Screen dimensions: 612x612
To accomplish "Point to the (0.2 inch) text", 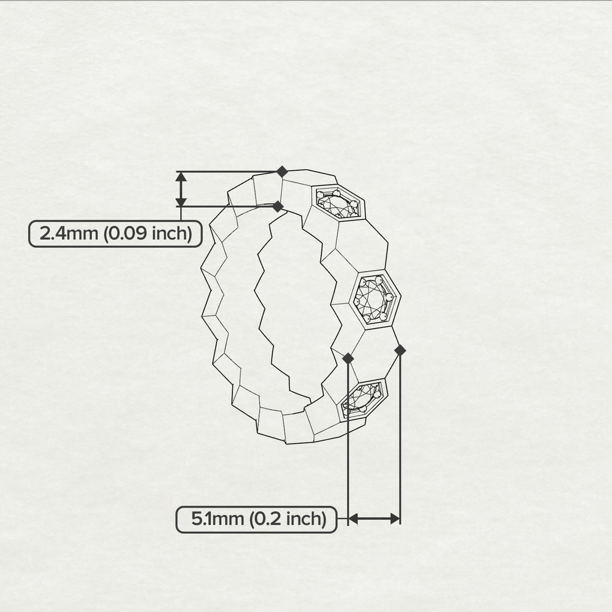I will point(288,519).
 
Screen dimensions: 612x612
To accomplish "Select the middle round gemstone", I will point(374,298).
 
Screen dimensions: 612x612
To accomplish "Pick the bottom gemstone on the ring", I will point(362,399).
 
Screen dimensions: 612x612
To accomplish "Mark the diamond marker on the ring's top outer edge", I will point(282,171).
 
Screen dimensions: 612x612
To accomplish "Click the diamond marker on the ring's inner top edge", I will point(277,207).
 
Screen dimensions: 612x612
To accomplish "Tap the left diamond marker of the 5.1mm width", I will point(348,358).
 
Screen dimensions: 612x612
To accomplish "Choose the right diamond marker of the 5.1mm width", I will point(400,350).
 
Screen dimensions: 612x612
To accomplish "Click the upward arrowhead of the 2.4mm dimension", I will point(181,177).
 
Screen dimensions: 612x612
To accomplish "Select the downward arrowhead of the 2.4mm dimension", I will point(181,201).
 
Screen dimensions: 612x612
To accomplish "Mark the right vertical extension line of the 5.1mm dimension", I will point(400,438).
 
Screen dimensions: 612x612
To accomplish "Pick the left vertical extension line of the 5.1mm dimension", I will point(349,438).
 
